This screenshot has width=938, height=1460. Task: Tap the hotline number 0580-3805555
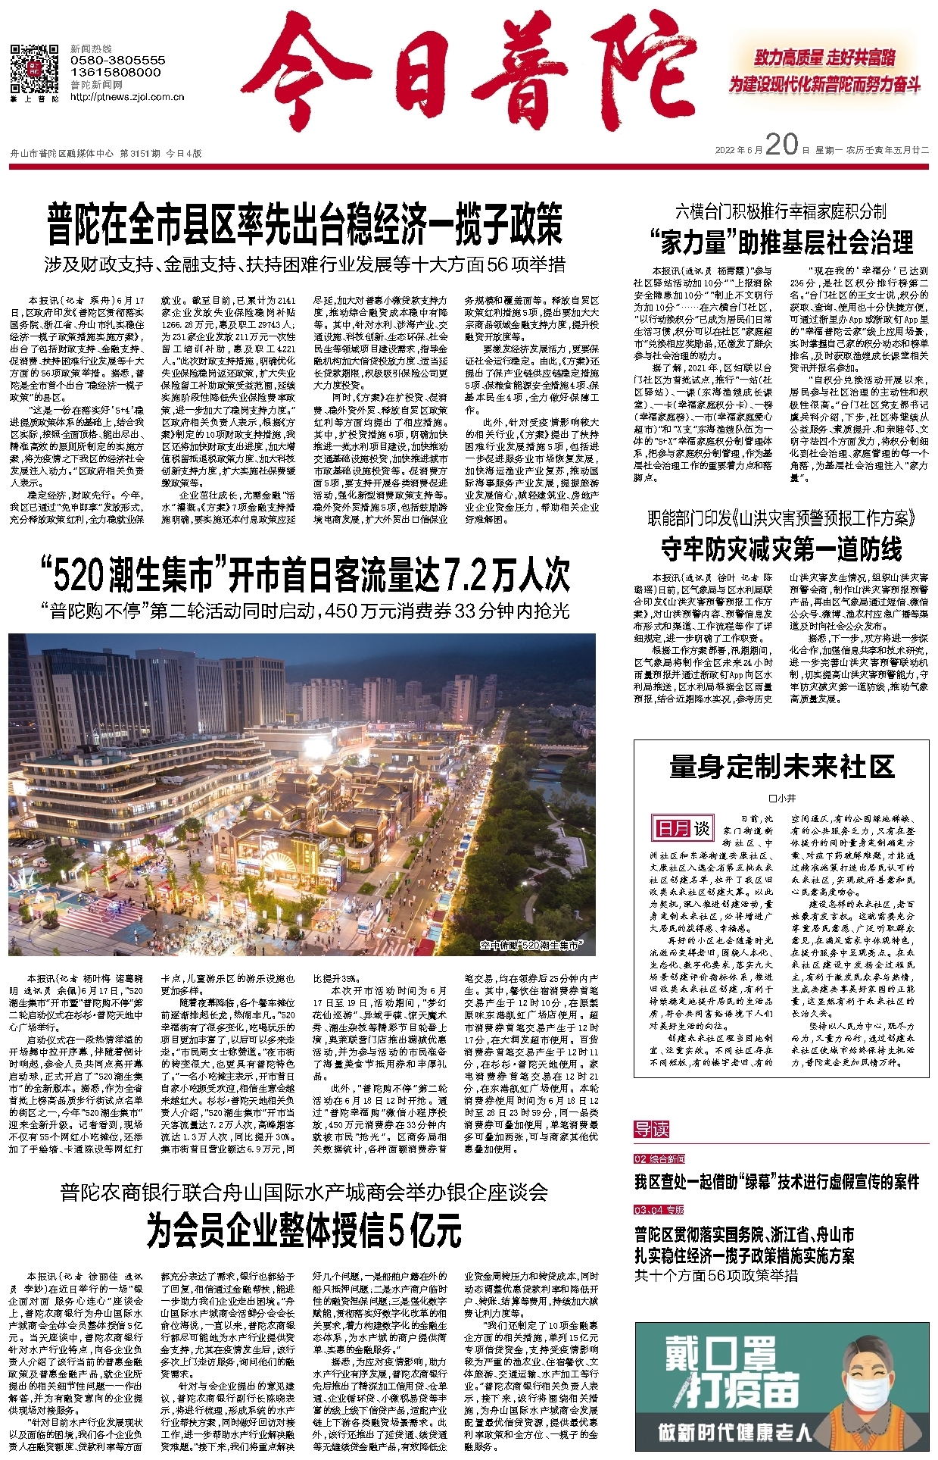coord(117,60)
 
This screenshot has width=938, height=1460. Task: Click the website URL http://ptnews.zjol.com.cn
coord(127,97)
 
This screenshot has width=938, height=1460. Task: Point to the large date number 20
coord(782,144)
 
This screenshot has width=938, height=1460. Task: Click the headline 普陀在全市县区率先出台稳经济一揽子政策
coord(305,224)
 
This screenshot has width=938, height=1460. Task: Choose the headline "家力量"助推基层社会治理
coord(781,242)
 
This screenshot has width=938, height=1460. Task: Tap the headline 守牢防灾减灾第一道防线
coord(781,549)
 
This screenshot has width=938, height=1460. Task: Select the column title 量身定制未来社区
coord(781,767)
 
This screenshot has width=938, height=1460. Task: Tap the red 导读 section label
coord(652,1130)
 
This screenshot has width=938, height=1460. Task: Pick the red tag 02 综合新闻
coord(659,1159)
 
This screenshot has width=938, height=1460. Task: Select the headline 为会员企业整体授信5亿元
coord(304,1230)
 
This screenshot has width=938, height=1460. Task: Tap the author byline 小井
coord(782,798)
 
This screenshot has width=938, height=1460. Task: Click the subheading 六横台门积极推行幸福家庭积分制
coord(781,211)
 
